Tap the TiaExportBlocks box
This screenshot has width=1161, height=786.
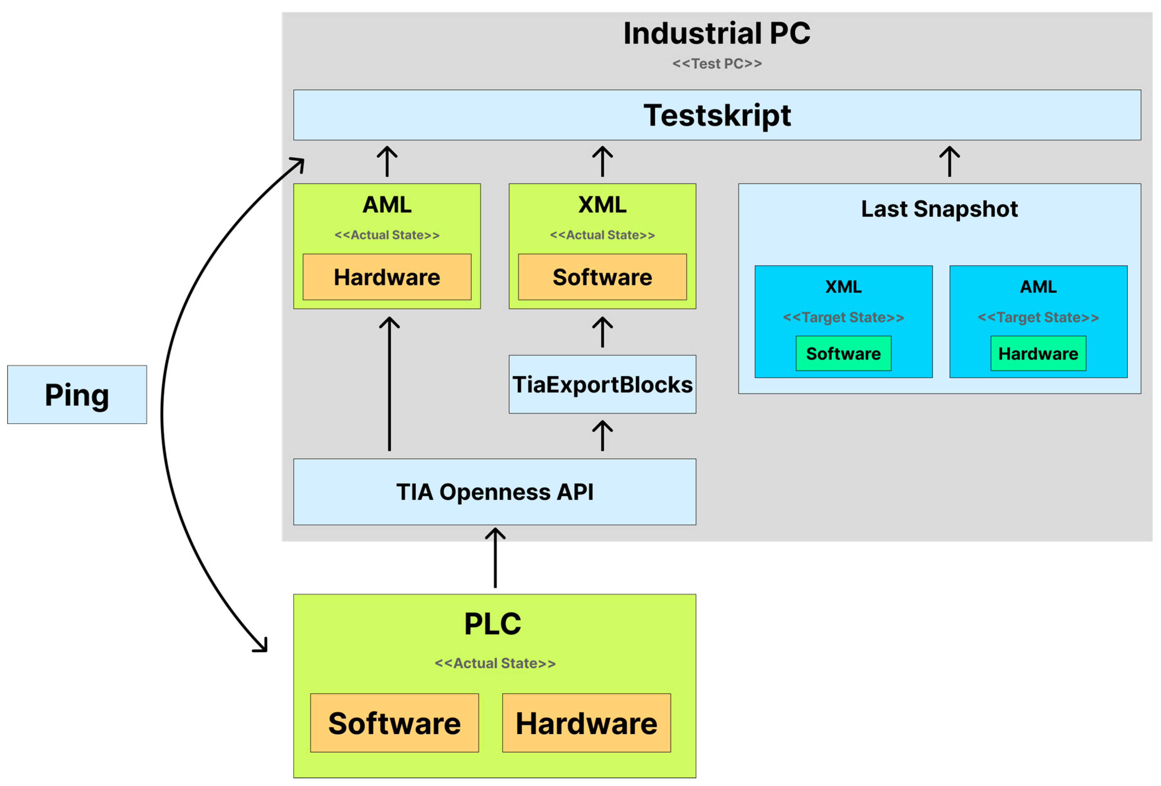(x=602, y=384)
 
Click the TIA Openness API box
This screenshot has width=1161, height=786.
(x=495, y=492)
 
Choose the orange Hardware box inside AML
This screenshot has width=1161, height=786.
(x=387, y=277)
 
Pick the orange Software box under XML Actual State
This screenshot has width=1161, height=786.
(x=602, y=277)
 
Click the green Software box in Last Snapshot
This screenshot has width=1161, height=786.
(x=843, y=353)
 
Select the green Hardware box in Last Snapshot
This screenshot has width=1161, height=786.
(x=1038, y=353)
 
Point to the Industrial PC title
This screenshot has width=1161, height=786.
(x=717, y=34)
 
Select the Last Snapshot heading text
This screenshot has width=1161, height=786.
(x=939, y=209)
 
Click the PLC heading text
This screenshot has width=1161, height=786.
(x=493, y=624)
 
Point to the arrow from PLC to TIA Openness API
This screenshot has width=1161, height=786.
(x=495, y=558)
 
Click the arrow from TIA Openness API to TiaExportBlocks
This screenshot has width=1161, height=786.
(x=602, y=436)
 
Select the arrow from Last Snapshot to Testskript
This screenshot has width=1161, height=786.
(x=950, y=161)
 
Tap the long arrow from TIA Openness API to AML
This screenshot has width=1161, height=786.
(x=389, y=384)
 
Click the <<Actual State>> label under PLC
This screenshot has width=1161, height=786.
(x=495, y=663)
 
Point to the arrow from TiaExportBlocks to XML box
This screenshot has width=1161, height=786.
(x=602, y=332)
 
